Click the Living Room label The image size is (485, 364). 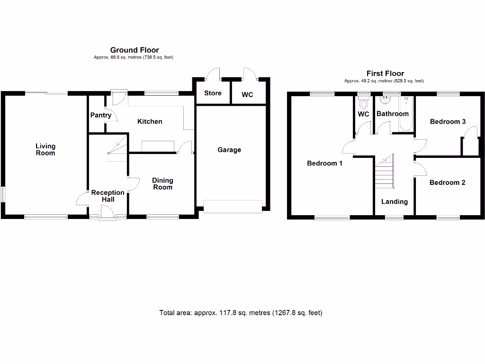coord(45,149)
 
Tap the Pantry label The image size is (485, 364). coord(101,115)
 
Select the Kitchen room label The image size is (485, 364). coord(150,122)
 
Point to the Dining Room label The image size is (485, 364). coord(162,183)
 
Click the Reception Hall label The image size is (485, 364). coord(108,196)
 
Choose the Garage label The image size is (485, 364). coord(229,150)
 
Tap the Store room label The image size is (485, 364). coord(213,93)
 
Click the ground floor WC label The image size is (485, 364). coord(247,95)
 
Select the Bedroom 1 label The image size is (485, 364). coord(325,164)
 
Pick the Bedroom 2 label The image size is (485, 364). coord(448,182)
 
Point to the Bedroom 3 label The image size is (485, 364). coord(448,122)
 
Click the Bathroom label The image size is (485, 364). coord(392,114)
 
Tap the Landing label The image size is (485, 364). coord(395,201)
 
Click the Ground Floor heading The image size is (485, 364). coord(135,50)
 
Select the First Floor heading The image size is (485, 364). coord(385,73)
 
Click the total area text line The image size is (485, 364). coord(241,313)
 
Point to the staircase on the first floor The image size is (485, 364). coord(385,173)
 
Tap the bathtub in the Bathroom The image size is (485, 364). coord(406,114)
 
